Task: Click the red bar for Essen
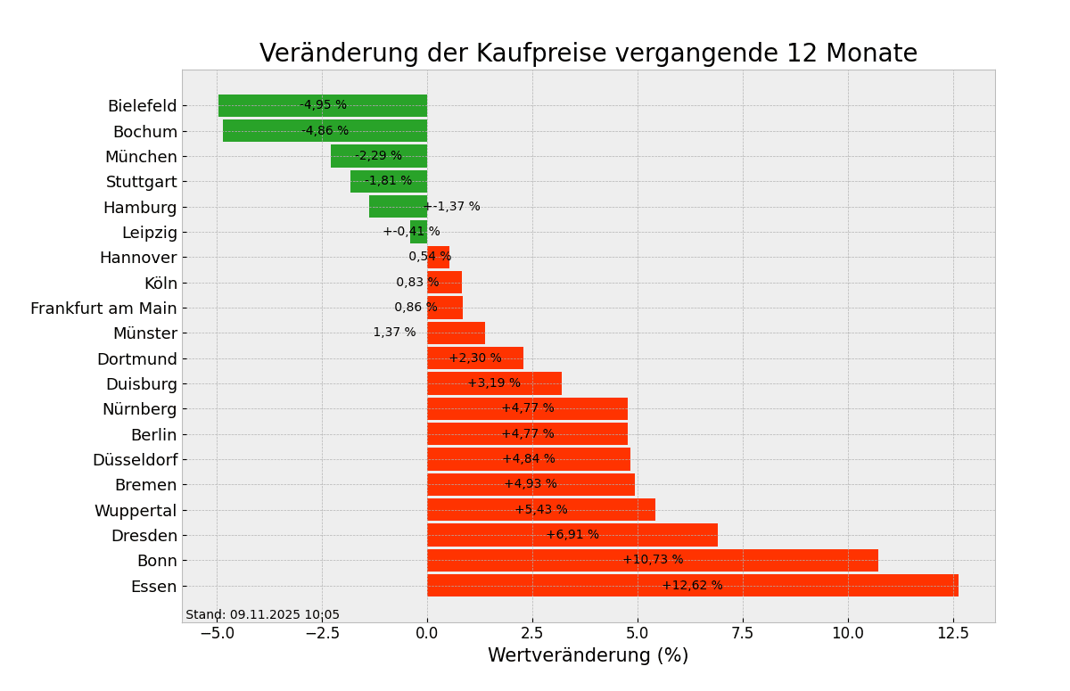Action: point(692,586)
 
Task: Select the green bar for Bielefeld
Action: point(322,106)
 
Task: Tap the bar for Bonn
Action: point(652,561)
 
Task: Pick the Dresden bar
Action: point(572,535)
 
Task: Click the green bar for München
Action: point(378,156)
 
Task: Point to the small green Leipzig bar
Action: point(418,233)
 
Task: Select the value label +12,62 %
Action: point(692,586)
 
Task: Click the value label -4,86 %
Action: point(325,131)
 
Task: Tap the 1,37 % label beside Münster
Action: point(394,333)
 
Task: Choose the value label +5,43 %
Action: point(540,510)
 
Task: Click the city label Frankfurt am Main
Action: point(103,308)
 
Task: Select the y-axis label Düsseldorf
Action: point(135,460)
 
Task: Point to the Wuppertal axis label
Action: point(136,511)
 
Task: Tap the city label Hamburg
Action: point(140,208)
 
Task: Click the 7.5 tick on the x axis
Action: point(743,633)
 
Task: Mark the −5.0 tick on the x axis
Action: point(217,633)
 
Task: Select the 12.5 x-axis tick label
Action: point(953,633)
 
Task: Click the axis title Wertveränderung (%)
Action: point(588,656)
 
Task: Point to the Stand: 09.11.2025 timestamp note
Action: point(262,615)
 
